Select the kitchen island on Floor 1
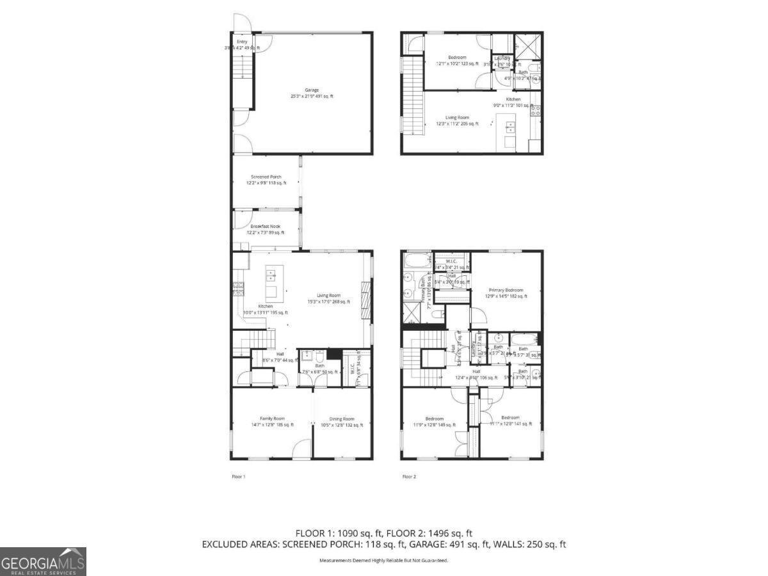pos(271,284)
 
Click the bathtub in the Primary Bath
pos(418,260)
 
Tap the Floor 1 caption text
pos(238,477)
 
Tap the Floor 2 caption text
pos(409,477)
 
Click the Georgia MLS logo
pos(43,561)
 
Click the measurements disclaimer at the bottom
pos(384,561)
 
